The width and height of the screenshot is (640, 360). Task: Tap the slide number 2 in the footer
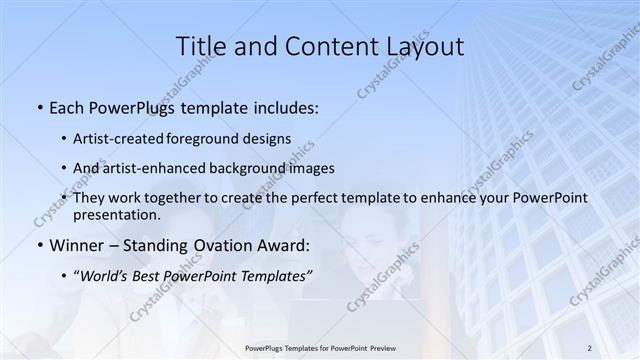[x=589, y=347]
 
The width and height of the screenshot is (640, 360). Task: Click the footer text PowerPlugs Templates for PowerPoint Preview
[x=320, y=347]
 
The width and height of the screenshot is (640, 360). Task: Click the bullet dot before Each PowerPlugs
[x=38, y=106]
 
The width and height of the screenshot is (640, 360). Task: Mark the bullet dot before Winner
[x=38, y=245]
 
